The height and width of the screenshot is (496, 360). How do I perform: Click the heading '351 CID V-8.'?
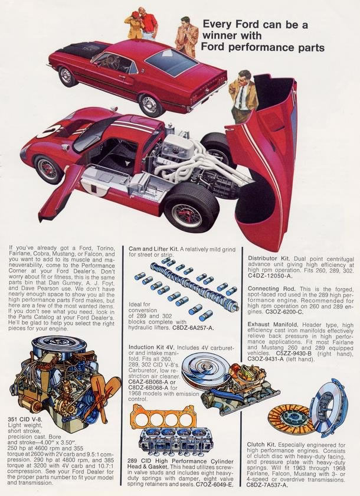tap(25, 420)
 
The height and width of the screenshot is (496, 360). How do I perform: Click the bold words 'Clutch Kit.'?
tap(261, 445)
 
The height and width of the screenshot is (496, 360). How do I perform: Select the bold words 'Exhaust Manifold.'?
tap(273, 325)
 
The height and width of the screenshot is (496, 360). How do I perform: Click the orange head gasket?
tap(163, 418)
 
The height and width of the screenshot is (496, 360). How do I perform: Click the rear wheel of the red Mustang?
tap(151, 105)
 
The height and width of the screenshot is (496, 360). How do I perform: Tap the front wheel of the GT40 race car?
tap(48, 169)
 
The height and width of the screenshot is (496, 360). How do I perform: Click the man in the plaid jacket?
tap(187, 37)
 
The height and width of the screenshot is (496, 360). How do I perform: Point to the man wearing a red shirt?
tap(148, 23)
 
